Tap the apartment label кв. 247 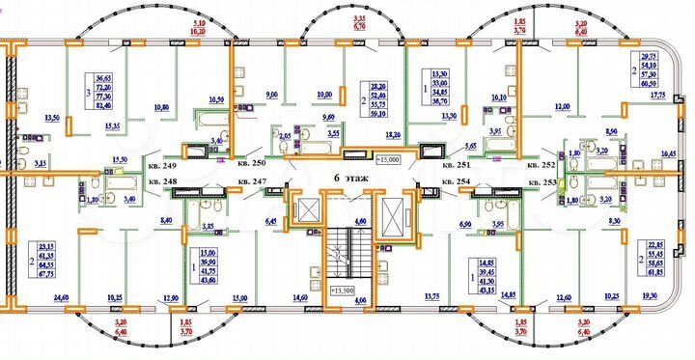pos(253,180)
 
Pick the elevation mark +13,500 pos(345,290)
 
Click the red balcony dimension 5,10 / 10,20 pos(200,26)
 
